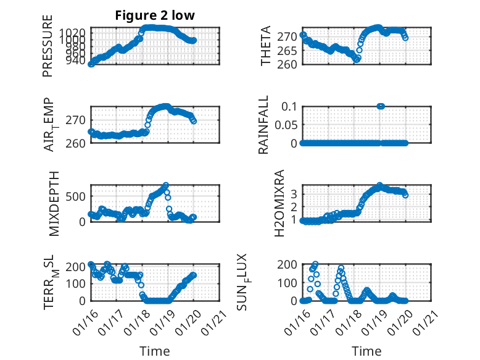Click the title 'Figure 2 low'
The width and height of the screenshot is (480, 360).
[x=155, y=16]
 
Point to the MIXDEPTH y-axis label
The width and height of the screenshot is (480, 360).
[x=52, y=203]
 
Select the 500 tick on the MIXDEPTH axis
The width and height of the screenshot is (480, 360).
[x=78, y=196]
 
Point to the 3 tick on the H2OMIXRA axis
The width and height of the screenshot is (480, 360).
[x=294, y=193]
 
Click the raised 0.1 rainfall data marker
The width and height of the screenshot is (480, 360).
[x=381, y=106]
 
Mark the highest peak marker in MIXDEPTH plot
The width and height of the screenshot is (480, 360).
[x=165, y=185]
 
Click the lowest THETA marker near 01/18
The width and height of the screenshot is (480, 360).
[x=357, y=59]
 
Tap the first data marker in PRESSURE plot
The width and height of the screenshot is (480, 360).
[x=91, y=64]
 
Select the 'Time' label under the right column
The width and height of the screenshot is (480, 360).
[x=366, y=351]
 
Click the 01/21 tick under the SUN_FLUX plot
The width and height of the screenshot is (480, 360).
[x=426, y=319]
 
